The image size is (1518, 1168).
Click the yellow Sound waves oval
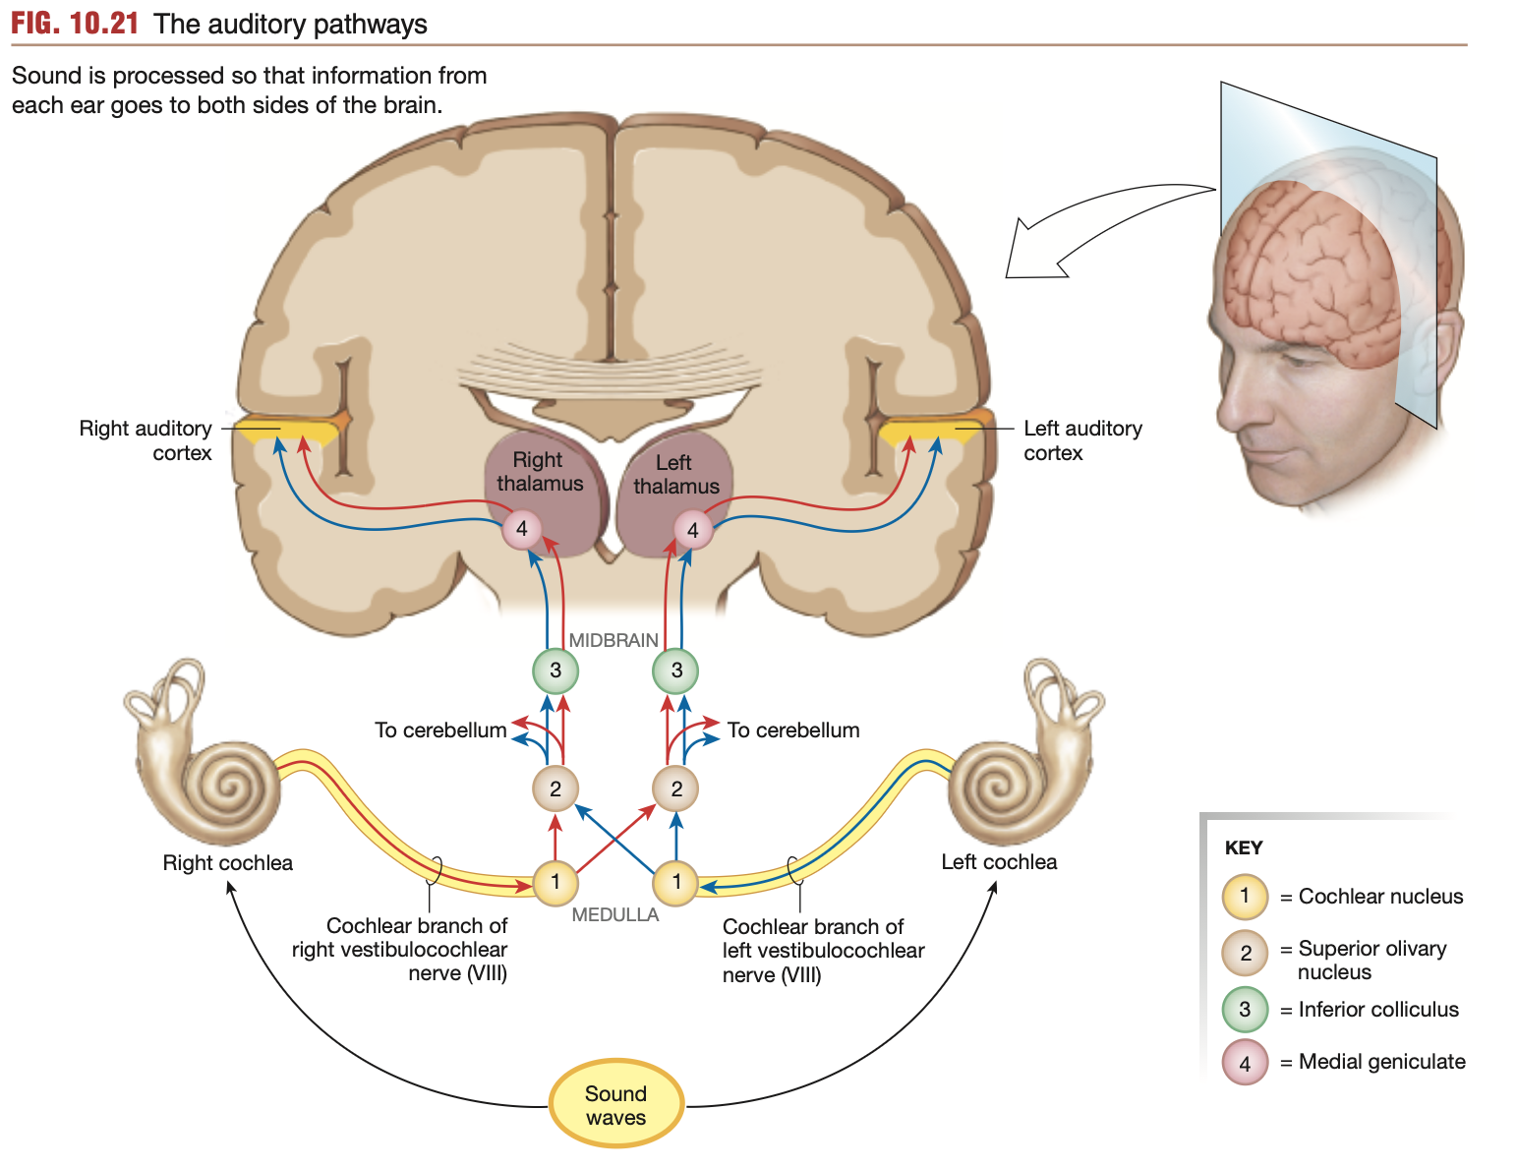(615, 1104)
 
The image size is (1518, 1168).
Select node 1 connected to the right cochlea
(555, 882)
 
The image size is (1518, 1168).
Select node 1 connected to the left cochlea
(676, 882)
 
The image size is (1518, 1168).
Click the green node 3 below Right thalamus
(555, 671)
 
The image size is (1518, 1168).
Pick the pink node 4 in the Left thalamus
(693, 530)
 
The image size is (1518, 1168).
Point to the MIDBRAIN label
(613, 640)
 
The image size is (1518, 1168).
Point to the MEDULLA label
(615, 914)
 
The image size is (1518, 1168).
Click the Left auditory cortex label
(1081, 440)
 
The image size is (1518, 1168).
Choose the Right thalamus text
(539, 472)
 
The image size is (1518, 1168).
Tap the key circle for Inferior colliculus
(1245, 1010)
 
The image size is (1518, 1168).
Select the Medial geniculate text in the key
(1381, 1062)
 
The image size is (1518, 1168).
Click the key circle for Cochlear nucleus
(1245, 897)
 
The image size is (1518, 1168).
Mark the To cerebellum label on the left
(440, 730)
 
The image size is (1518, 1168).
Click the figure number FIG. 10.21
(75, 24)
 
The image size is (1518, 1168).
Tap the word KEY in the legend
(1244, 847)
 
